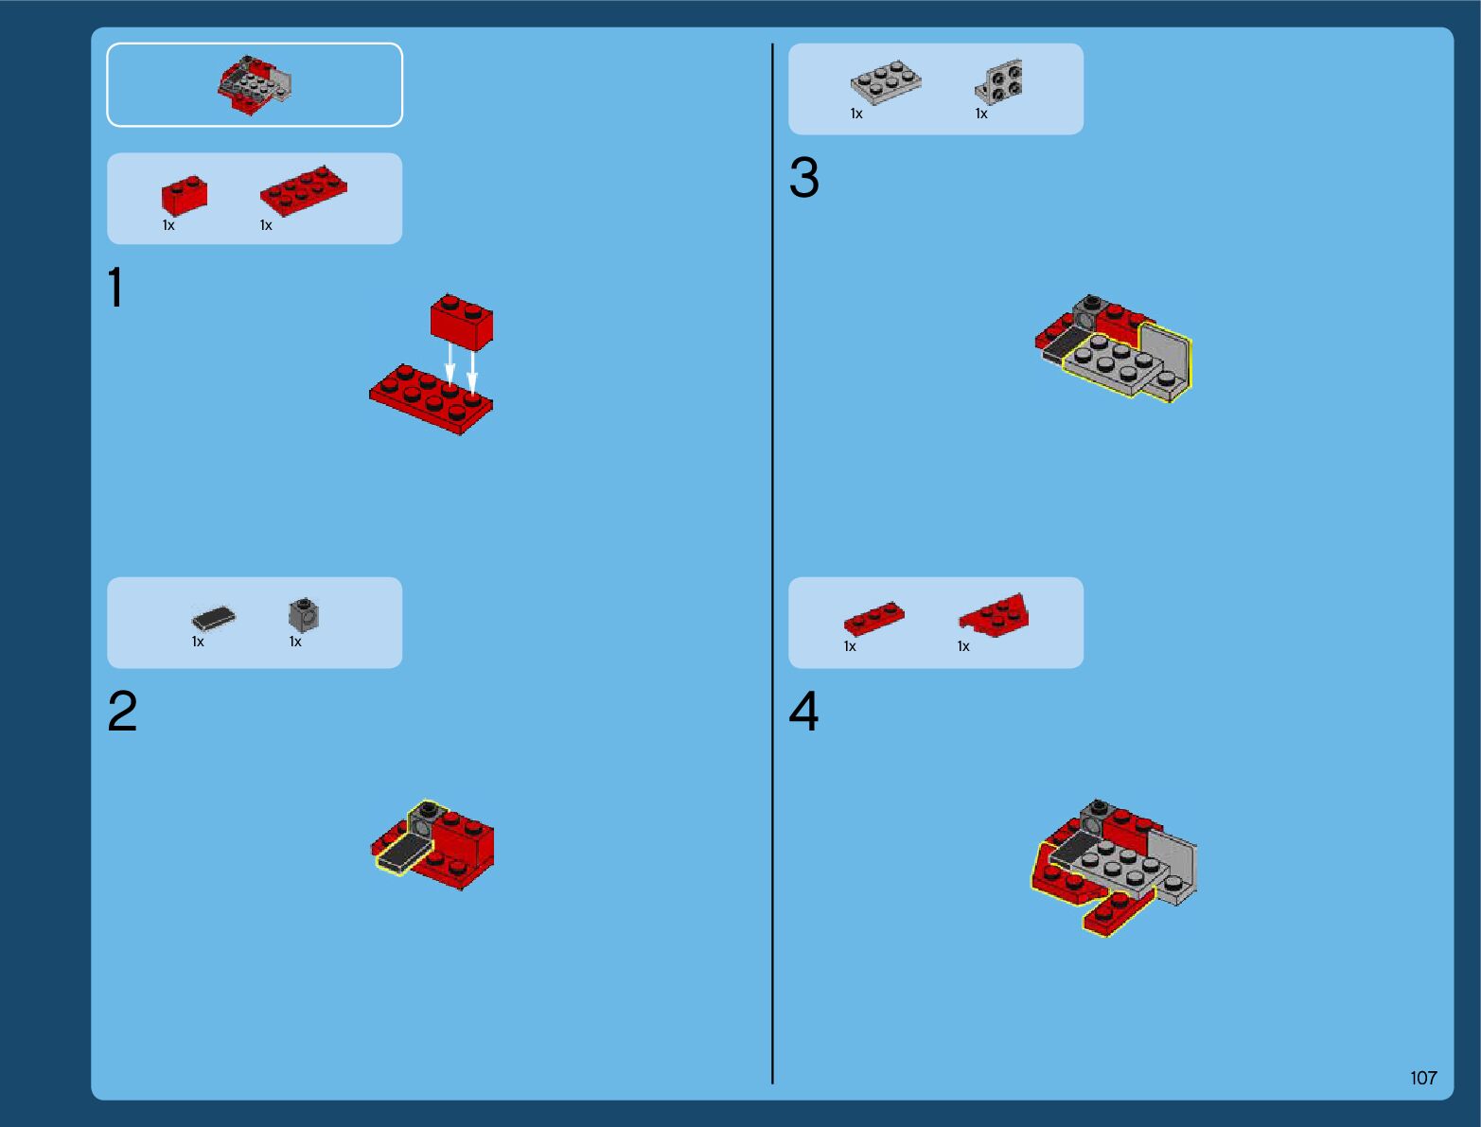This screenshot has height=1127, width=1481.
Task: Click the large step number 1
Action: tap(116, 287)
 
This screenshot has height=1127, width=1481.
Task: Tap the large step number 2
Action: tap(122, 711)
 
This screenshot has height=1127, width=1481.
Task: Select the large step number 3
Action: tap(803, 177)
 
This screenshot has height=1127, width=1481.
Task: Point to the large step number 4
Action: tap(803, 711)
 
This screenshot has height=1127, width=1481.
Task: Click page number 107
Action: tap(1423, 1078)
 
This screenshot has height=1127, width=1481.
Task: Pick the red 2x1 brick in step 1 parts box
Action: tap(185, 195)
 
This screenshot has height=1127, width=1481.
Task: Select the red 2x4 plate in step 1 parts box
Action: tap(304, 191)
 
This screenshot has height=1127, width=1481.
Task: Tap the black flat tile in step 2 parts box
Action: tap(213, 618)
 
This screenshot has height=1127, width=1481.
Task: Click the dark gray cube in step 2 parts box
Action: tap(304, 614)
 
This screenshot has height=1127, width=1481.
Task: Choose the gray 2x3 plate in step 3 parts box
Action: tap(886, 82)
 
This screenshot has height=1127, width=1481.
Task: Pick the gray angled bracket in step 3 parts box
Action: tap(999, 82)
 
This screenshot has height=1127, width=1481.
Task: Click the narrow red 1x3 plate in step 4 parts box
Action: tap(873, 618)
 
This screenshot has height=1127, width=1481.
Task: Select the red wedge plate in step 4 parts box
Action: tap(995, 614)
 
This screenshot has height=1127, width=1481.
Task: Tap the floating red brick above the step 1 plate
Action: tap(462, 322)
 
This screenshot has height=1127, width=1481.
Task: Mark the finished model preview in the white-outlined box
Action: tap(255, 85)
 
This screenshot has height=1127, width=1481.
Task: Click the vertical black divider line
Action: tap(772, 563)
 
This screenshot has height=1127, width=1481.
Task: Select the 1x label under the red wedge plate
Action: tap(963, 646)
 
